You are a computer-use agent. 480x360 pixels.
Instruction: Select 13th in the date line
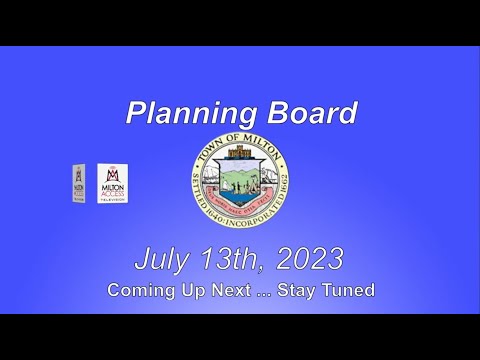coord(234,260)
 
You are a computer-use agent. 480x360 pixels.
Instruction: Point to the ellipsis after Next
coord(271,292)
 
